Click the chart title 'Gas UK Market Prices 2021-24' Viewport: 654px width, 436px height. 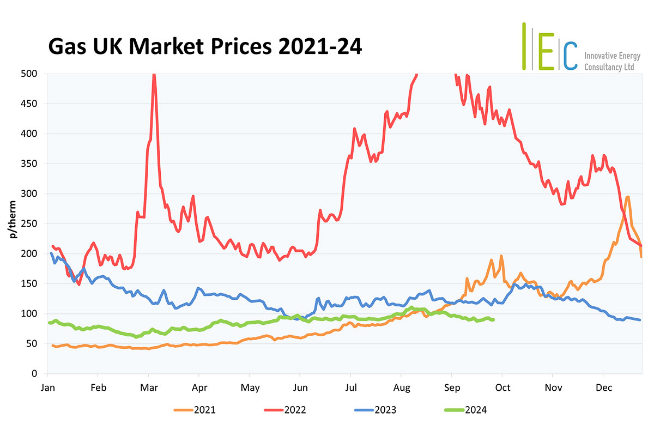coord(204,47)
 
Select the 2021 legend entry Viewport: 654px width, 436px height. coord(204,410)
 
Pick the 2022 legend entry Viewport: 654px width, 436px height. coord(294,410)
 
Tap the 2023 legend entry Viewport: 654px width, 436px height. coord(384,410)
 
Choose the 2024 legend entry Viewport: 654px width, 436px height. coord(475,410)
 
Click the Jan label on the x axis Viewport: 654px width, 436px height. coord(48,387)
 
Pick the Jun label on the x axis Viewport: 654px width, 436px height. coord(300,387)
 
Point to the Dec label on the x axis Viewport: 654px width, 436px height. coord(603,387)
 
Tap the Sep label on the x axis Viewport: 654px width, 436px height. coord(451,387)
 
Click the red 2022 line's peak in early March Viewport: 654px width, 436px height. coord(154,75)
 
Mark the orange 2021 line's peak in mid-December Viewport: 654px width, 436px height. coord(628,197)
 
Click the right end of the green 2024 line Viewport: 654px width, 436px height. coord(493,320)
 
